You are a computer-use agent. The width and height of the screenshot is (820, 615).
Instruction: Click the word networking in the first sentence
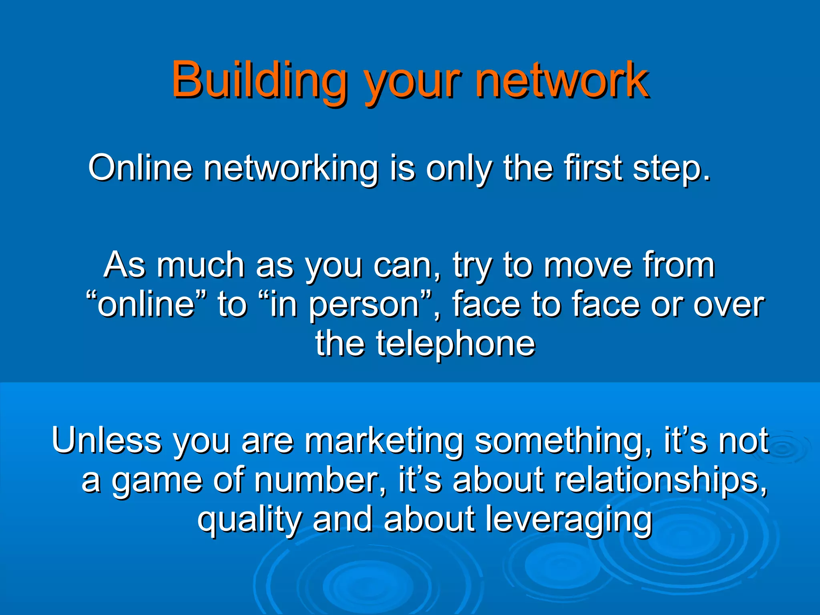point(291,168)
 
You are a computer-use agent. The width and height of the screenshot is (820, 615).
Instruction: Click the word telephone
point(454,344)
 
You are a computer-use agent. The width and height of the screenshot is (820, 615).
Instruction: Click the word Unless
point(106,440)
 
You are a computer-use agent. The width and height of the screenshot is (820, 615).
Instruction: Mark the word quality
point(249,520)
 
